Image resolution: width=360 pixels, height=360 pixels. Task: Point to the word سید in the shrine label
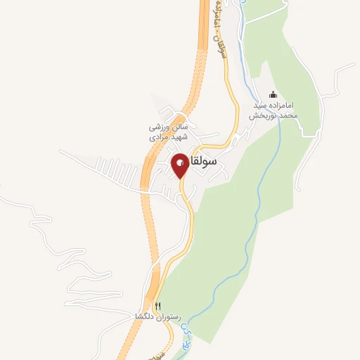pyautogui.click(x=261, y=105)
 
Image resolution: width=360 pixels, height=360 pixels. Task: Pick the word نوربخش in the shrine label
pyautogui.click(x=267, y=115)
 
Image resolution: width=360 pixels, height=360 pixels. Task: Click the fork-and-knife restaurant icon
pyautogui.click(x=158, y=306)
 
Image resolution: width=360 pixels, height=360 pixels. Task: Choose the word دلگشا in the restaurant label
pyautogui.click(x=145, y=316)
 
